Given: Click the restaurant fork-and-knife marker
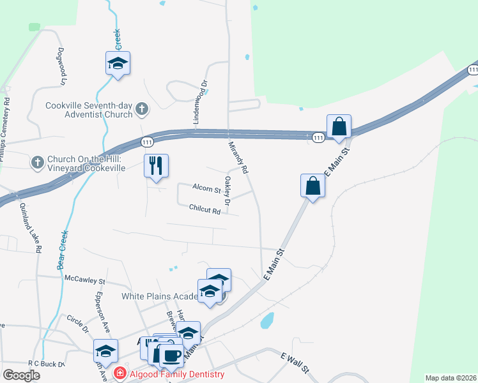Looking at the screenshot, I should (156, 166).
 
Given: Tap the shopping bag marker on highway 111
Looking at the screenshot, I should (339, 126).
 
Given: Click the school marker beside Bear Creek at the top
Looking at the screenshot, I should (118, 63).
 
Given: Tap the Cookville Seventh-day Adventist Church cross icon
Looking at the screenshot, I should (142, 110).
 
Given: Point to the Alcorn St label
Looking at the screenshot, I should (206, 189).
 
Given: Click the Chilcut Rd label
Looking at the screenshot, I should (204, 208).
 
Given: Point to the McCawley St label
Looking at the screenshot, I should (85, 278).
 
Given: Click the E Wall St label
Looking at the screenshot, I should (295, 361).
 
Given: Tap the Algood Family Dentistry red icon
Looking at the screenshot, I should (119, 373).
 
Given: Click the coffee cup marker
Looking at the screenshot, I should (171, 356).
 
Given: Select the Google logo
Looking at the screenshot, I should (21, 375).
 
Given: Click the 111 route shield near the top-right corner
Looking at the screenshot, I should (472, 69).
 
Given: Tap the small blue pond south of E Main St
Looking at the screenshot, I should (268, 320).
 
